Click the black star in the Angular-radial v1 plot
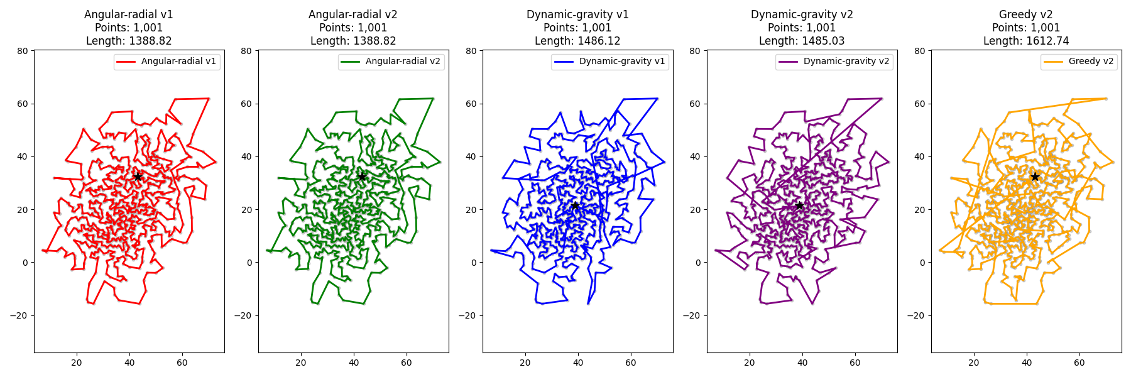tap(138, 177)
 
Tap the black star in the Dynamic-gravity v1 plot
tap(575, 205)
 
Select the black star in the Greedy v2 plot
tap(1035, 177)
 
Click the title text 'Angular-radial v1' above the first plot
tap(129, 14)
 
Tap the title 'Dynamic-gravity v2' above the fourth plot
tap(802, 14)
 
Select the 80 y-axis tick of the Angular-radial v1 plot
tap(23, 51)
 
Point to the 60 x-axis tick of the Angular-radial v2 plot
tap(407, 363)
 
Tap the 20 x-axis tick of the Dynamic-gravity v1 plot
tap(525, 363)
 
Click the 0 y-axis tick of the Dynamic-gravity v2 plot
tap(697, 263)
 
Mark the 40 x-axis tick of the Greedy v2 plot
tap(1027, 363)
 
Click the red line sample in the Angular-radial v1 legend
tap(126, 62)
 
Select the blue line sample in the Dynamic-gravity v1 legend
tap(564, 62)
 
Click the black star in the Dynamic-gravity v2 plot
tap(799, 205)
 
